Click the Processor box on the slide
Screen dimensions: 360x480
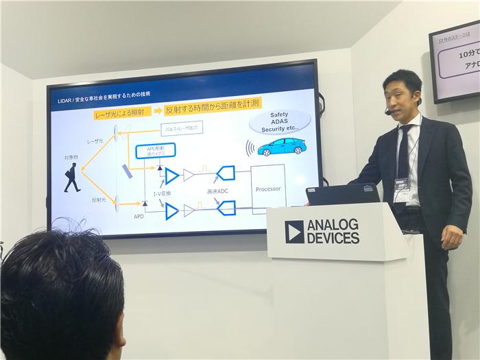click(x=268, y=189)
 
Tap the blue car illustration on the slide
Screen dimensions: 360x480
click(x=280, y=146)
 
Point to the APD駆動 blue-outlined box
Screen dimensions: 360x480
click(x=156, y=151)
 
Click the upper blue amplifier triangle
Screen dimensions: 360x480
click(x=171, y=176)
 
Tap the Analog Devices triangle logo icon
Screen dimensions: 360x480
click(x=294, y=232)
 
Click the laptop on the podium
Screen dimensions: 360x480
click(x=342, y=194)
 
